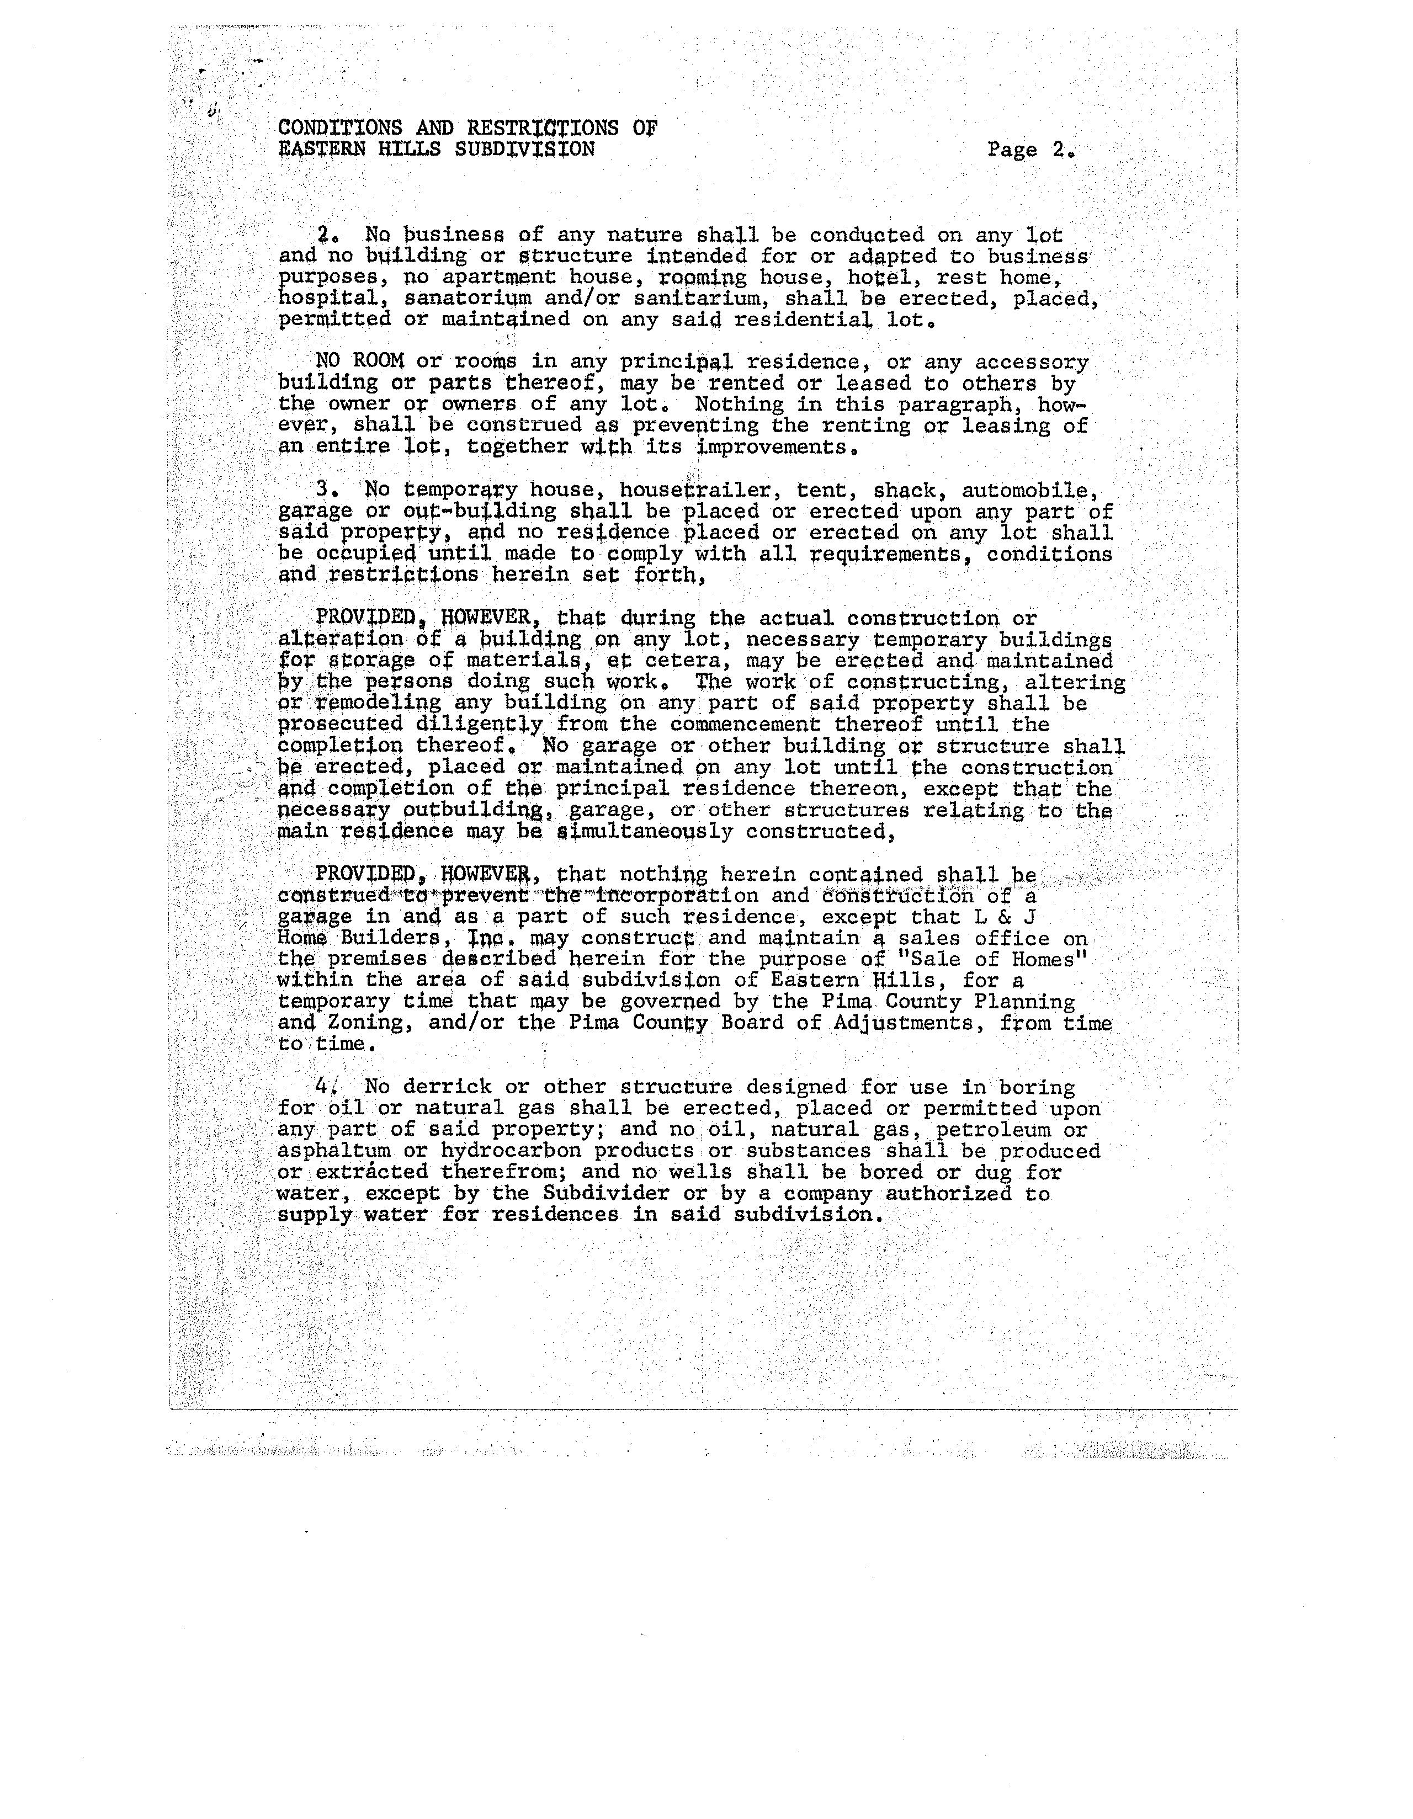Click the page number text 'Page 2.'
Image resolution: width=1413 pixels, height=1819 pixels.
pyautogui.click(x=1030, y=150)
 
